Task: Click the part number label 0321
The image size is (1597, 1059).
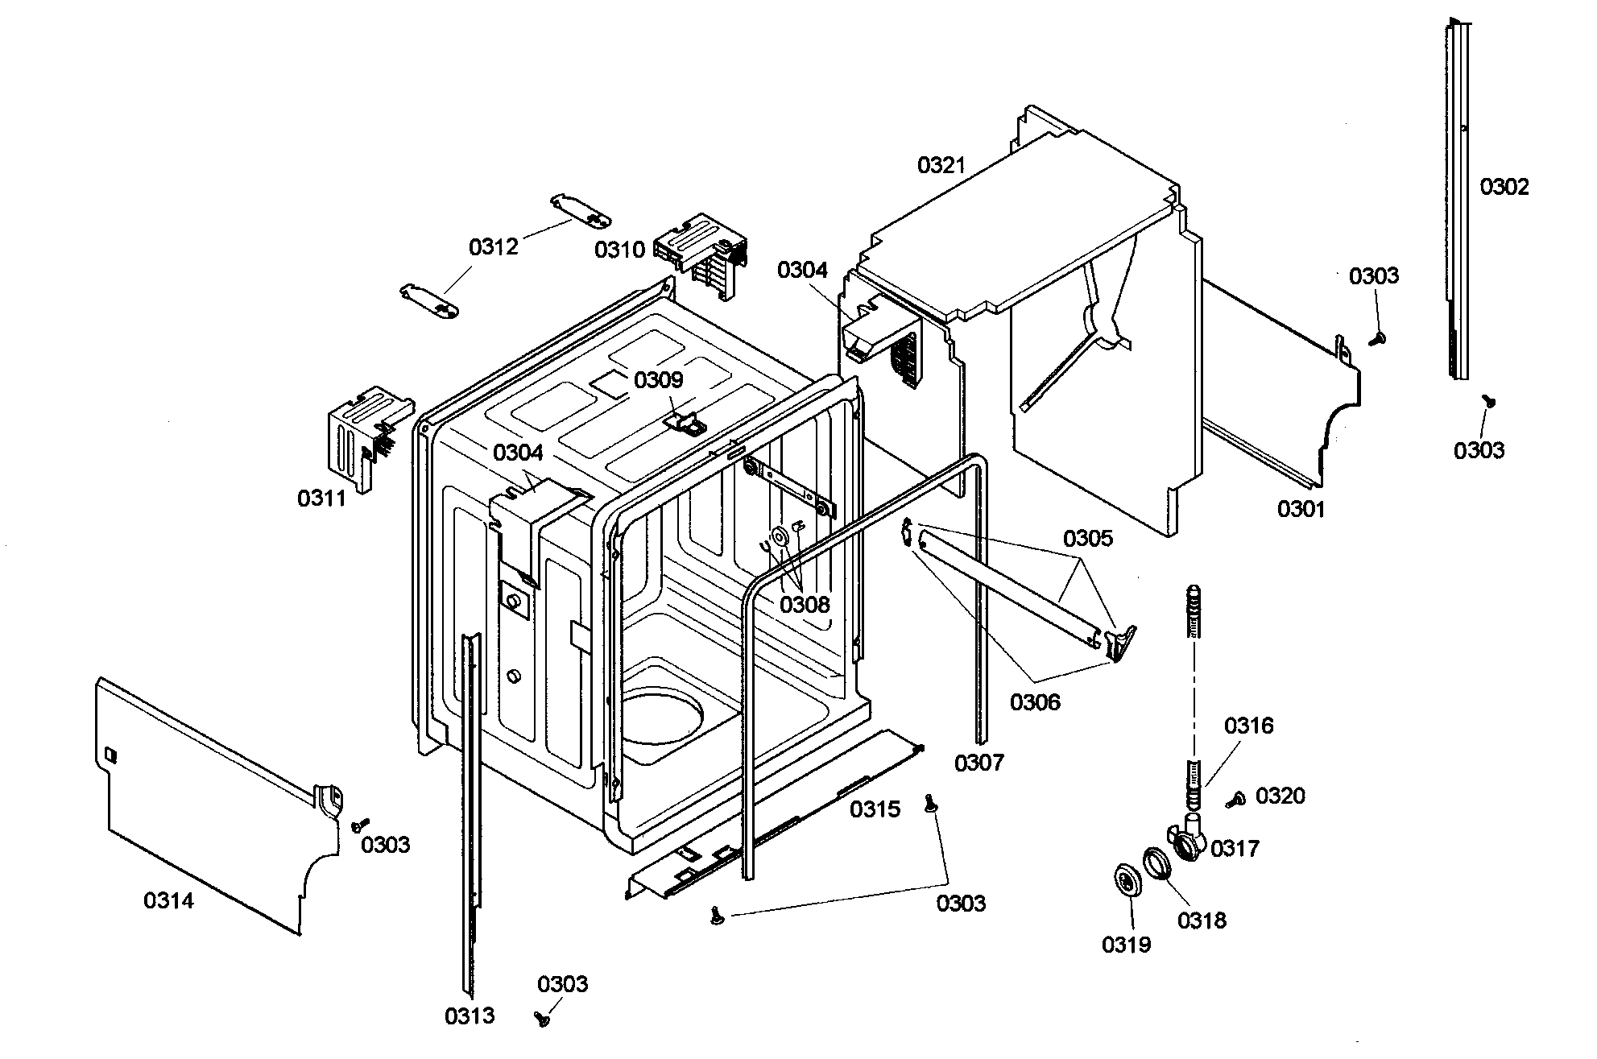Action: (x=941, y=166)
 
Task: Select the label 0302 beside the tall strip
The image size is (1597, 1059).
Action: (x=1504, y=188)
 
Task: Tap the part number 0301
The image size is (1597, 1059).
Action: (x=1301, y=509)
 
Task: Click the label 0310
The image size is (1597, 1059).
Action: (x=619, y=250)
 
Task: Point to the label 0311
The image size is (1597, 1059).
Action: (x=321, y=498)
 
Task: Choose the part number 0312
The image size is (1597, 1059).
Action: (x=493, y=246)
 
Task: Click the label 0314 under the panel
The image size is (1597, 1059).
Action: (x=168, y=900)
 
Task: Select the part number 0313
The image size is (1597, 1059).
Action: (x=470, y=1016)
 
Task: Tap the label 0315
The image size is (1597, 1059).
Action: (x=875, y=809)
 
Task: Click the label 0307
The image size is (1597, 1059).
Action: (x=978, y=762)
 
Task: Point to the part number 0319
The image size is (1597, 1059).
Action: (x=1126, y=944)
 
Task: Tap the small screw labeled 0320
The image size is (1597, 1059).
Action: (x=1235, y=800)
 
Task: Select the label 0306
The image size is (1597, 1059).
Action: (x=1035, y=702)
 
